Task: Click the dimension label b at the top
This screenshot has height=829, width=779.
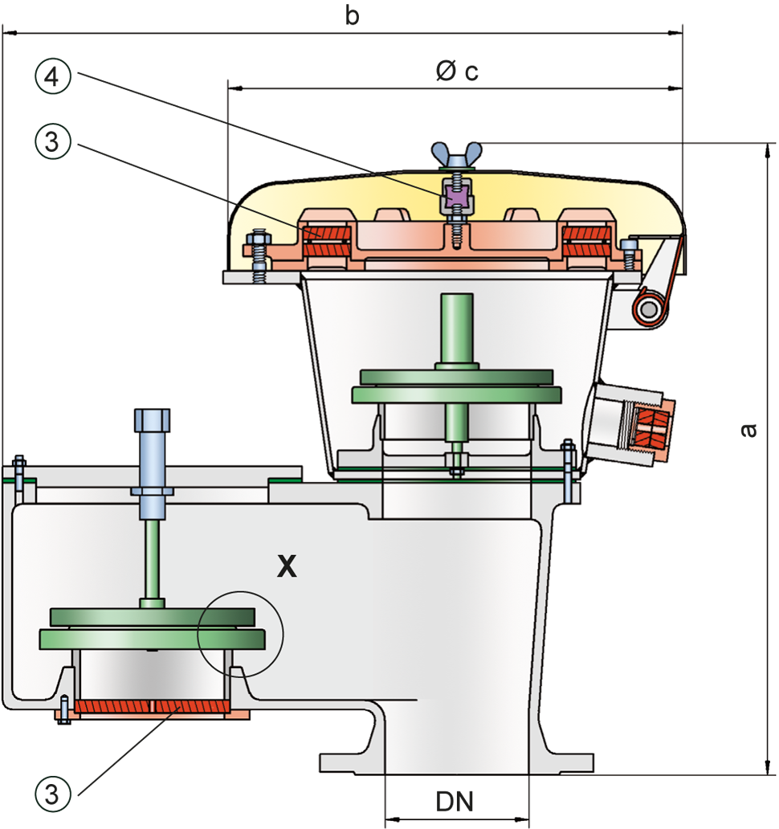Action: coord(352,15)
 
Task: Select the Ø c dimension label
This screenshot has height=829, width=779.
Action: coord(457,71)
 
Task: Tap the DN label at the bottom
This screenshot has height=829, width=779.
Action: coord(455,802)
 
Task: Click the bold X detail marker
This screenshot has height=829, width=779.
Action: coord(287,566)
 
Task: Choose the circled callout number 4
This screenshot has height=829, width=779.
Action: coord(52,76)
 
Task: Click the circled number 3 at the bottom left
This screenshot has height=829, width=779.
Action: coord(52,794)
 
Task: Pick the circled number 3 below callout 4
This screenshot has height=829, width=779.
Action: coord(52,141)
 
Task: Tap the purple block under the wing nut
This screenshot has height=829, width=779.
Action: coord(457,196)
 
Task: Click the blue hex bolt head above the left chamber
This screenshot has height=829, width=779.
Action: coord(153,420)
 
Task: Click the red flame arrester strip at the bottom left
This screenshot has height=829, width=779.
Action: coord(152,706)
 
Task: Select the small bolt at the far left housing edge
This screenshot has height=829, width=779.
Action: coord(19,472)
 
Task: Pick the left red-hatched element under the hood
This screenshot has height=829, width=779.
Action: coord(326,240)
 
